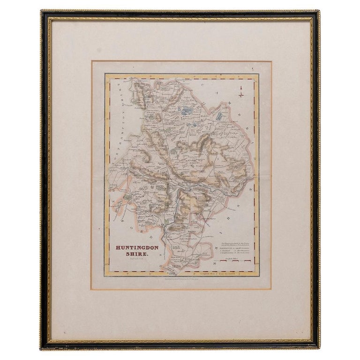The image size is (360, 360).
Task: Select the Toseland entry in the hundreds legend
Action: (x=227, y=250)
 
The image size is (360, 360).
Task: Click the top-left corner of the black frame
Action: (x=41, y=11)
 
